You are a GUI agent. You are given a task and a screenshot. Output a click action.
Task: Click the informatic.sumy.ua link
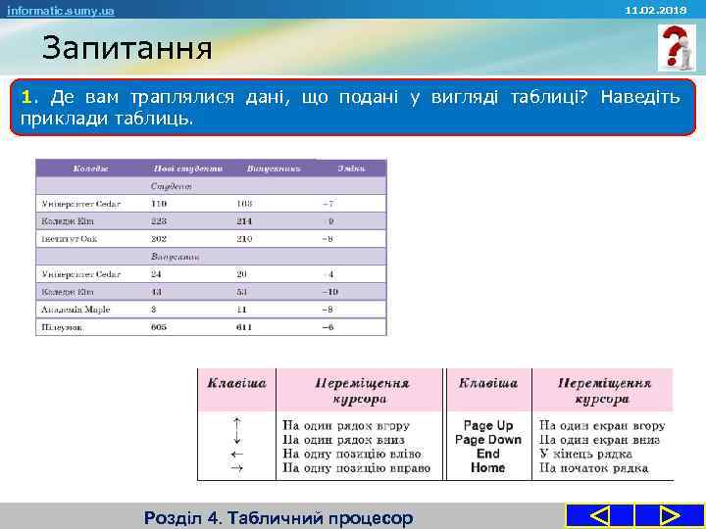61,11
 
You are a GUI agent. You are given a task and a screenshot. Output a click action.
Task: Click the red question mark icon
675,48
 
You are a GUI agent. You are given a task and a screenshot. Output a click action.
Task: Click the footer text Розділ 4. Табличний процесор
278,517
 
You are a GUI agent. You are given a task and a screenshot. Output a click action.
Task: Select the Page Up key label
487,425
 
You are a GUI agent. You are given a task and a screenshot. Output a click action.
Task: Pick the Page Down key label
487,440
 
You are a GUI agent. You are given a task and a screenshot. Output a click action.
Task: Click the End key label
487,454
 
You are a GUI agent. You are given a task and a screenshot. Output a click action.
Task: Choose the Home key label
487,468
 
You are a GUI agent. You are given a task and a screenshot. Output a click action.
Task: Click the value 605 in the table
159,327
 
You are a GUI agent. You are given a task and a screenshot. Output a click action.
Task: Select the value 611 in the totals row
244,327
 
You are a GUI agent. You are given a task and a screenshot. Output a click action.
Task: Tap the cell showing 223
159,220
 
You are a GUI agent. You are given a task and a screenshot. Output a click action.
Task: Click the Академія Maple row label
76,310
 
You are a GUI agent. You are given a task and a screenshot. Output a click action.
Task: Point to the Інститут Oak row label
70,238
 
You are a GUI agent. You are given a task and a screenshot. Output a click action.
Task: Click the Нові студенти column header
187,168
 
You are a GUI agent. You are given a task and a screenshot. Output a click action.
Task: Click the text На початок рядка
593,468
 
